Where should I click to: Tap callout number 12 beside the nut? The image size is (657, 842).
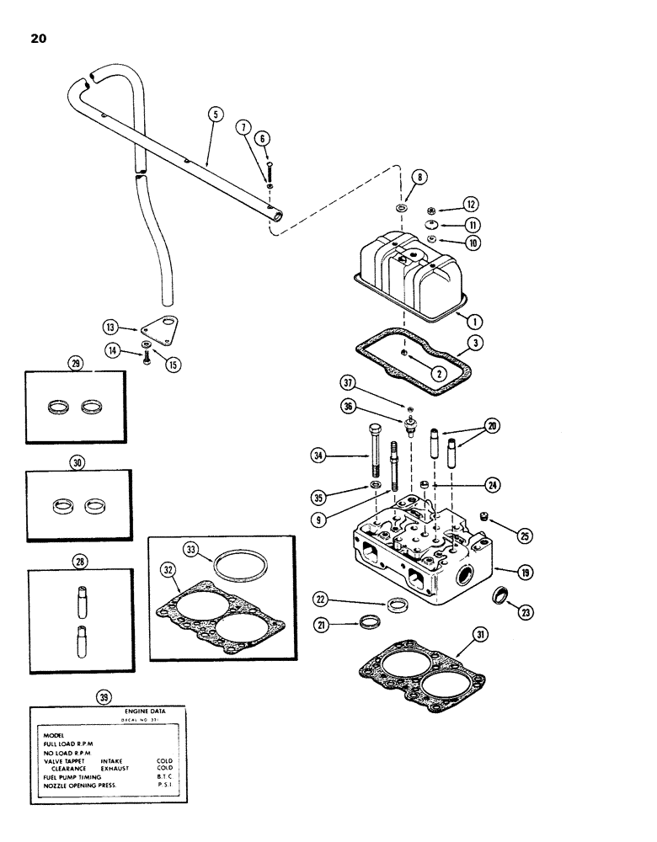471,205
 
